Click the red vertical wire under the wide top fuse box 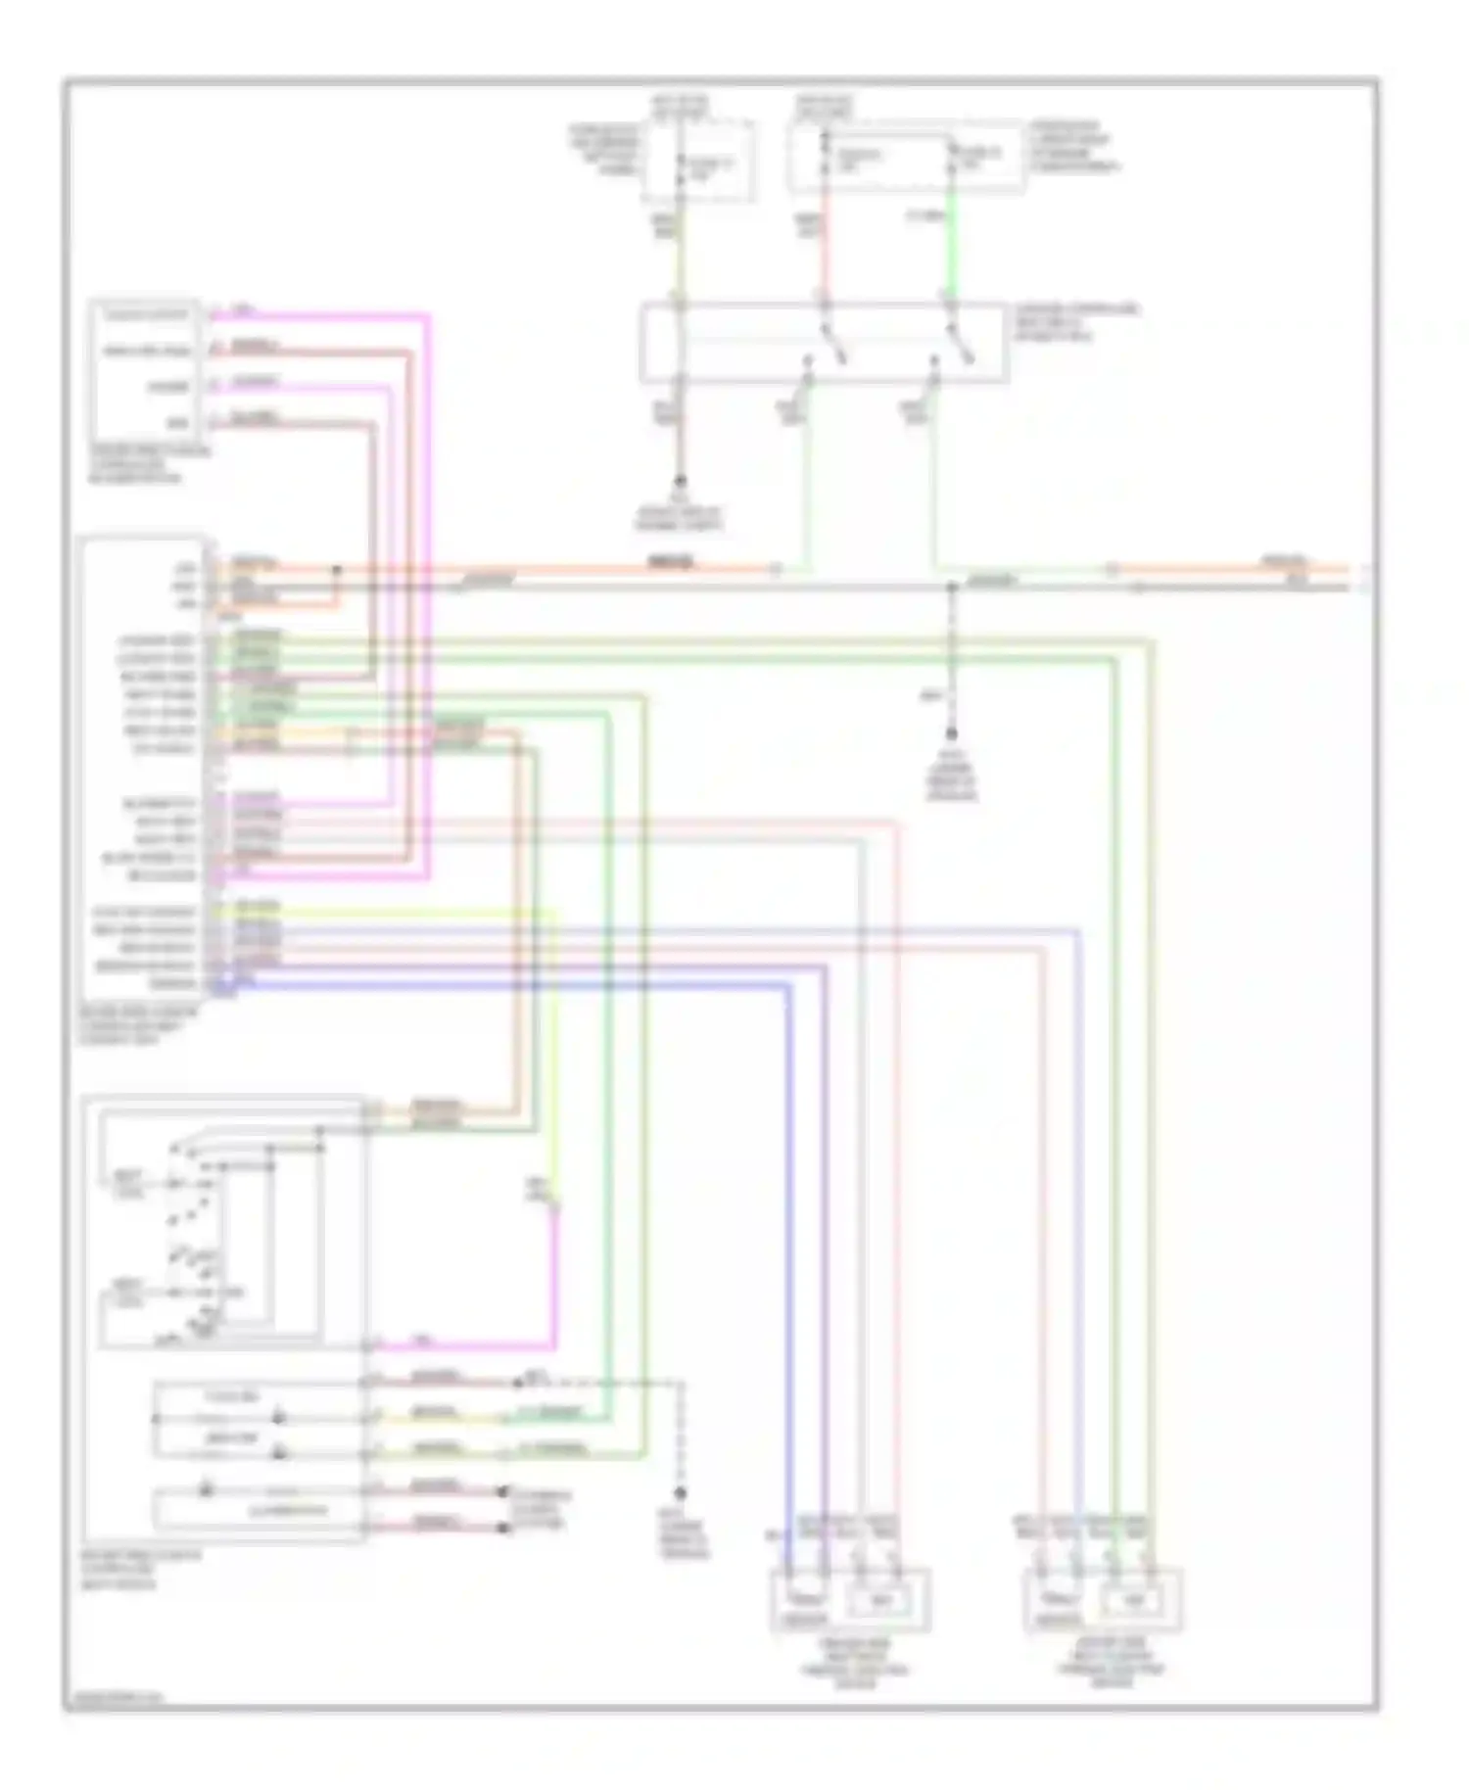pyautogui.click(x=824, y=245)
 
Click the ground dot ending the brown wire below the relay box pyautogui.click(x=678, y=482)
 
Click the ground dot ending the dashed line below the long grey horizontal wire pyautogui.click(x=950, y=733)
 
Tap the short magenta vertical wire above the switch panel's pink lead pyautogui.click(x=555, y=1273)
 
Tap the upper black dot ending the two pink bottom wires pyautogui.click(x=503, y=1491)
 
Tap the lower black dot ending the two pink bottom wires pyautogui.click(x=503, y=1528)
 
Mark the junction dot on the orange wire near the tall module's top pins pyautogui.click(x=337, y=569)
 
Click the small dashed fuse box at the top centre pyautogui.click(x=697, y=162)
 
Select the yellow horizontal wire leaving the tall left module pyautogui.click(x=392, y=912)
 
